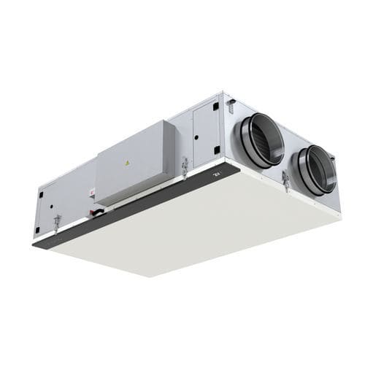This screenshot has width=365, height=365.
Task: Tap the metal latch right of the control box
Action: pyautogui.click(x=185, y=167)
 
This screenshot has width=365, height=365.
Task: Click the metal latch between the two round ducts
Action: pyautogui.click(x=285, y=180)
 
